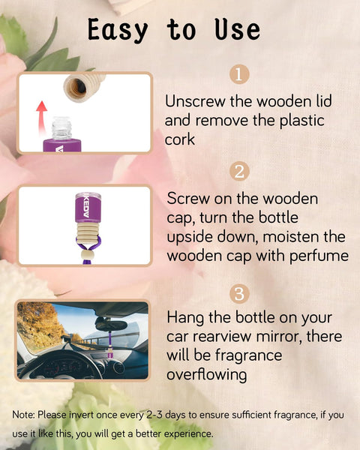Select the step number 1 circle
pos(238,75)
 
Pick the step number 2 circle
pos(238,171)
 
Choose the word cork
pos(181,140)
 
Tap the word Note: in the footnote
pos(27,414)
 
